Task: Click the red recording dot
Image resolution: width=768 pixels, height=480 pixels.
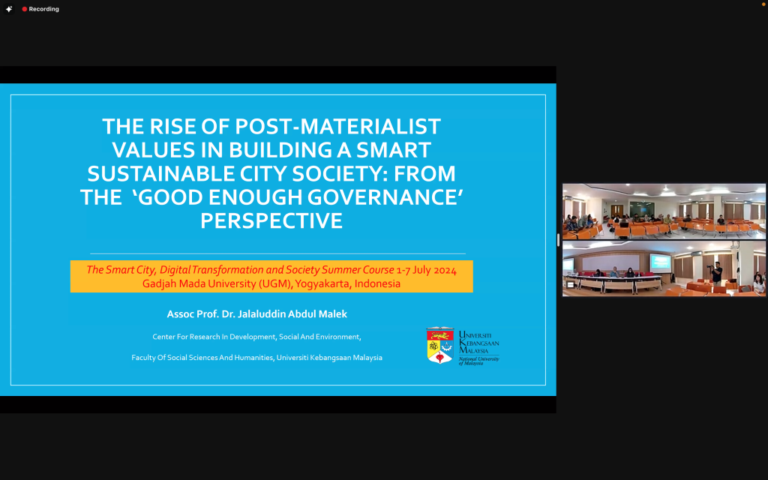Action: [25, 9]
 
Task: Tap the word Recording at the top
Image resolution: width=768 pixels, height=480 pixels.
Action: [43, 9]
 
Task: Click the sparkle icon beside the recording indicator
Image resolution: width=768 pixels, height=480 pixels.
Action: [9, 9]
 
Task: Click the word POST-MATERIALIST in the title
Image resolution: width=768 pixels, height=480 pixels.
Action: [338, 126]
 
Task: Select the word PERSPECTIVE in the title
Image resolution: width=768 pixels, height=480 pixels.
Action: [271, 221]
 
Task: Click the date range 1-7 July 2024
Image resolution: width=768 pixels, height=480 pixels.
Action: [427, 270]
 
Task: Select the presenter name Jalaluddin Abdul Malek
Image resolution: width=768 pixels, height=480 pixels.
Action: [292, 314]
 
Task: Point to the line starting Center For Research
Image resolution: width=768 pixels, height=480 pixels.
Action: [256, 337]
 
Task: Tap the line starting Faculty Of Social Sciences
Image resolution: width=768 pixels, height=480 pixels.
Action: [256, 358]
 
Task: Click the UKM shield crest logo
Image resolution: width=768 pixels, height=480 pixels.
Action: [439, 345]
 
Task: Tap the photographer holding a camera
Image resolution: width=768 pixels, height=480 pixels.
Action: [716, 273]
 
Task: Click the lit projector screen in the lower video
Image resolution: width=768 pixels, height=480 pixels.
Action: [660, 262]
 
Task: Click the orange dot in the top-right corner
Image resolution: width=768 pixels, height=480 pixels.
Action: [763, 4]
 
